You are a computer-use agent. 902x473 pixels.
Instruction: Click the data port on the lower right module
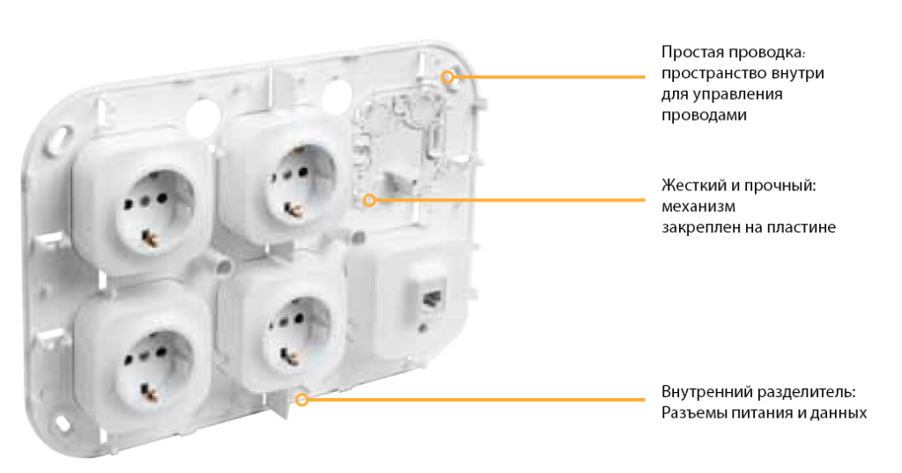(431, 299)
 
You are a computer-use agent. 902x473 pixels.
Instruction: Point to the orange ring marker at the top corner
(447, 77)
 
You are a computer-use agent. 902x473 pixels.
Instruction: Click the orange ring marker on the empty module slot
(369, 200)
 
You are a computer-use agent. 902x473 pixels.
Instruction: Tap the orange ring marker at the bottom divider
(302, 399)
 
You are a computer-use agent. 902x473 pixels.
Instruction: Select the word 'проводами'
(704, 115)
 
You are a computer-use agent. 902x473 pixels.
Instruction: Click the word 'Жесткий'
(694, 186)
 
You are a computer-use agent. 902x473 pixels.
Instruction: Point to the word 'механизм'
(699, 207)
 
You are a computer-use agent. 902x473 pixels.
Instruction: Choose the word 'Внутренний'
(706, 393)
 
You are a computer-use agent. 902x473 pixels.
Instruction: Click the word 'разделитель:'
(806, 393)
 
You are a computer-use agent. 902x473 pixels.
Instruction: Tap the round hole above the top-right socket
(336, 95)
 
